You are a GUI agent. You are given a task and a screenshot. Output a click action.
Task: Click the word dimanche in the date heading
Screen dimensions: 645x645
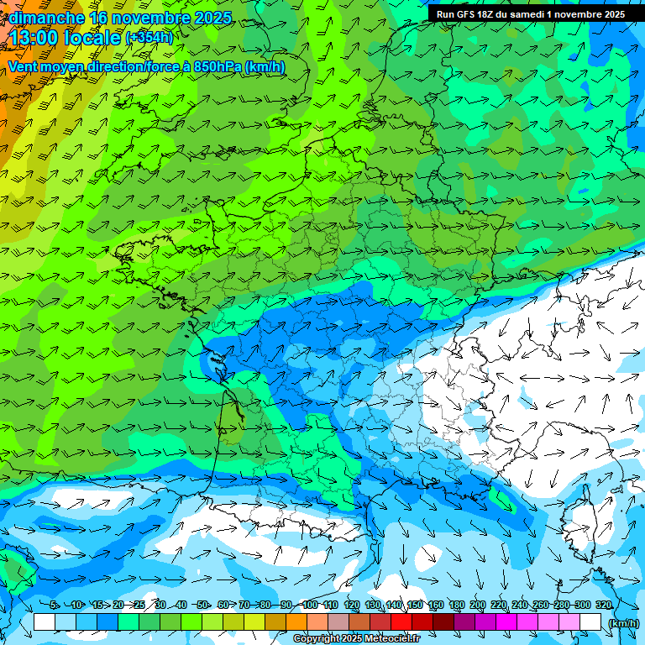click(x=46, y=18)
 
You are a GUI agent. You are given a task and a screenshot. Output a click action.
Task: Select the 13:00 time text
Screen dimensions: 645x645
click(x=37, y=38)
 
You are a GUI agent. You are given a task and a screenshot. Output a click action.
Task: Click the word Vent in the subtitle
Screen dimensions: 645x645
click(x=24, y=66)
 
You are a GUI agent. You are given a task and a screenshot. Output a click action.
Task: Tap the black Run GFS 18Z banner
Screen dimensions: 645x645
click(x=530, y=14)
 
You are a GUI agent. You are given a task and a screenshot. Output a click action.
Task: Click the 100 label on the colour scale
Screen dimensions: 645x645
click(x=309, y=605)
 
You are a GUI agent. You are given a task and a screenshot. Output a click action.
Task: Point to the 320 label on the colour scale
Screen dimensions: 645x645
click(x=603, y=605)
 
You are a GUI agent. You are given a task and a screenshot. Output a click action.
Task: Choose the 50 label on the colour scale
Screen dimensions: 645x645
click(x=202, y=605)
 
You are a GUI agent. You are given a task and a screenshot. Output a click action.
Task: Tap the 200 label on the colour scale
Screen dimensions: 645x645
click(x=478, y=605)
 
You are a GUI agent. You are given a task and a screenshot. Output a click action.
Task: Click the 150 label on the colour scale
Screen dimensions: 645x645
click(x=415, y=605)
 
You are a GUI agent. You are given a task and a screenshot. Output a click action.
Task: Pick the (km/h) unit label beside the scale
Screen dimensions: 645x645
click(x=623, y=622)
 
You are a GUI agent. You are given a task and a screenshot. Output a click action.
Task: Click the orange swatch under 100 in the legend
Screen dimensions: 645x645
click(x=296, y=622)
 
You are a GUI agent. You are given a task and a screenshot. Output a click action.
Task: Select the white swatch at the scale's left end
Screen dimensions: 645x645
click(x=45, y=622)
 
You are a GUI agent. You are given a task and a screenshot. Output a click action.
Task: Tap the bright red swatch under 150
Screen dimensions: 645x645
click(x=401, y=622)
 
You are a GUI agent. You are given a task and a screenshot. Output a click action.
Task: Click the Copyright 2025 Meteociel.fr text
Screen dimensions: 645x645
click(x=356, y=639)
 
